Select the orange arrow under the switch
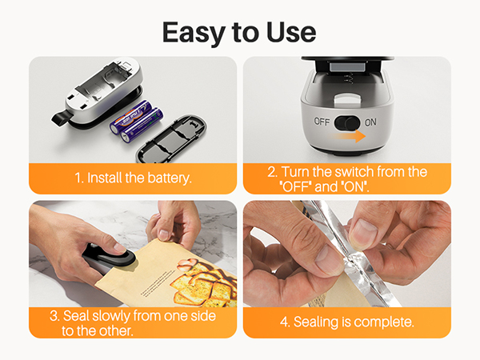[350, 137]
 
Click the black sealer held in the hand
[109, 256]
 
